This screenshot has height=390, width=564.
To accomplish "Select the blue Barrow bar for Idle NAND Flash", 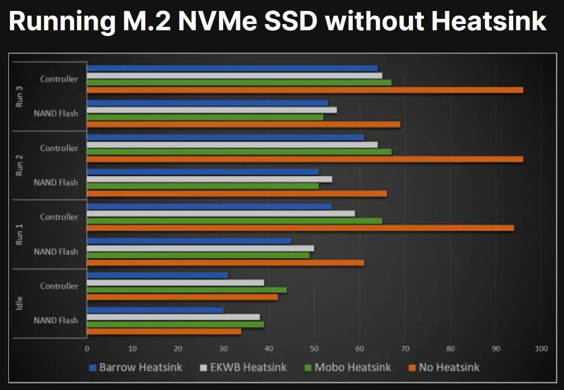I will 155,310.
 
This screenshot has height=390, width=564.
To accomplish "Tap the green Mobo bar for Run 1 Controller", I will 234,221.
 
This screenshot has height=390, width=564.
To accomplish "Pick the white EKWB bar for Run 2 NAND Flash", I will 209,179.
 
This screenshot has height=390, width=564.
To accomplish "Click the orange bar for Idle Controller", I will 182,297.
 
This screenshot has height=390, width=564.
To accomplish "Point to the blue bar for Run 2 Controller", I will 225,137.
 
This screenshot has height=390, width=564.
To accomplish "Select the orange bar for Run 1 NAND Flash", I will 225,263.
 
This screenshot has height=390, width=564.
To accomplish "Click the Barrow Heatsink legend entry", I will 136,367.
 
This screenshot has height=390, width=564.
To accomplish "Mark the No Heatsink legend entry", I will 444,367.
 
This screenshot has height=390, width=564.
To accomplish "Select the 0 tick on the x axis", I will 87,348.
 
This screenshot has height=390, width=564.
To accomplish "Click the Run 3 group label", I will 19,97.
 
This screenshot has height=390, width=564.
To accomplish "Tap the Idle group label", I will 19,303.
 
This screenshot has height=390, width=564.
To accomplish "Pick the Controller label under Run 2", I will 59,148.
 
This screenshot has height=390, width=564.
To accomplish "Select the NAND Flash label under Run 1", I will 56,252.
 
